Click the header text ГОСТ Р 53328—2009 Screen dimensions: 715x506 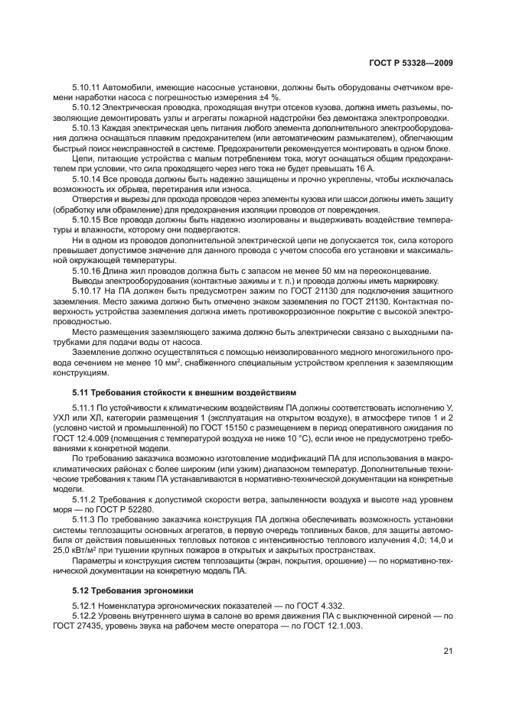(409, 61)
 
